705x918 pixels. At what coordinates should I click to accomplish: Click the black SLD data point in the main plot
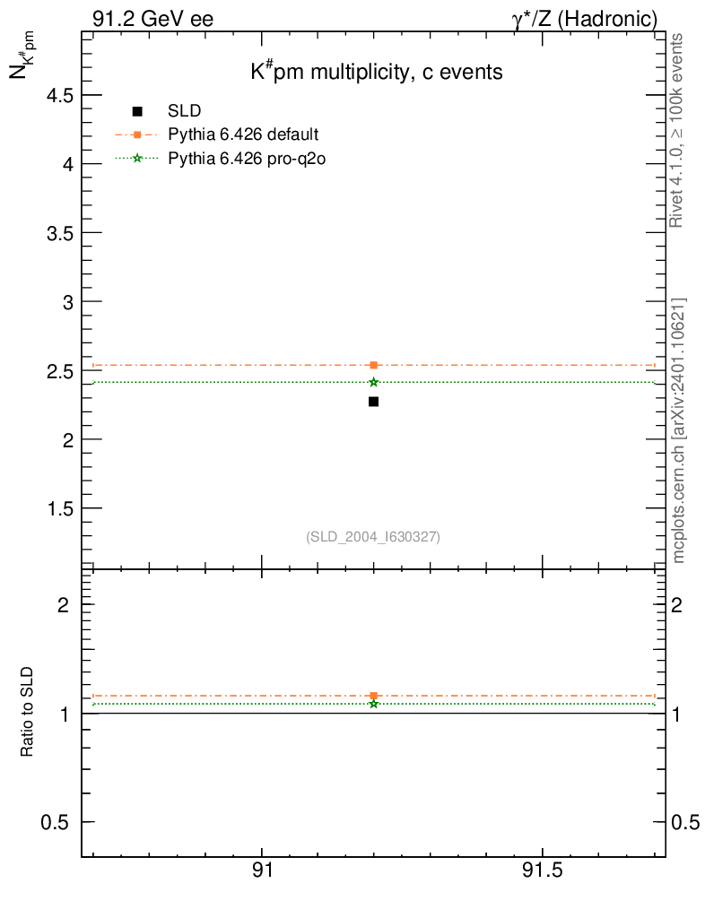(373, 402)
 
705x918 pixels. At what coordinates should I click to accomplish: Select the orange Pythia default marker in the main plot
(373, 365)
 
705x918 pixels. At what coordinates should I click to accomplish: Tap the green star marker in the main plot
(373, 382)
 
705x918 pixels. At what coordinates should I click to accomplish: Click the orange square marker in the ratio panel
(373, 696)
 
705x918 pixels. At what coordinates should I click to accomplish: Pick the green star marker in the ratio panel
(373, 704)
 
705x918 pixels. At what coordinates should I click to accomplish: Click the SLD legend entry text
(184, 111)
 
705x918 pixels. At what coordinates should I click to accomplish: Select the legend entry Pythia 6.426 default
(242, 135)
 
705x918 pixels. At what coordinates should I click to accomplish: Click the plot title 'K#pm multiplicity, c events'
(376, 73)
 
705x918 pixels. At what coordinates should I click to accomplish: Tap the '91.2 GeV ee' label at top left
(152, 19)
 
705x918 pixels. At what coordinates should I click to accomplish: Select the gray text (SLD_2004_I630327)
(373, 537)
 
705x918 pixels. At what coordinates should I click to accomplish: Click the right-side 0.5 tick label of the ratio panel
(686, 823)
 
